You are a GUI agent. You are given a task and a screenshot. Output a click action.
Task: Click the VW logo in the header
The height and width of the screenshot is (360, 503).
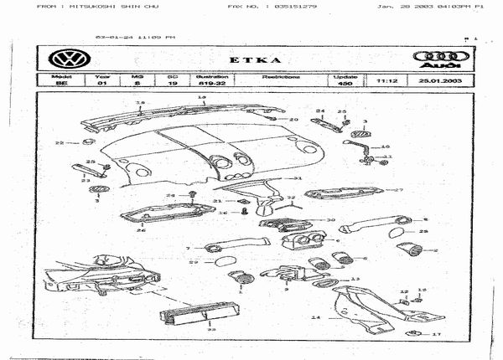63,59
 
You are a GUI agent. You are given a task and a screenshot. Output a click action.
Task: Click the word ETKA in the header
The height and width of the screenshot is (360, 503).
251,60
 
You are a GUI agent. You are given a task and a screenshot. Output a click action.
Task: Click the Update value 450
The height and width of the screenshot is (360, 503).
345,84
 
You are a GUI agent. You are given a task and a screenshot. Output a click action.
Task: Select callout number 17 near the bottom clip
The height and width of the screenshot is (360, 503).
436,334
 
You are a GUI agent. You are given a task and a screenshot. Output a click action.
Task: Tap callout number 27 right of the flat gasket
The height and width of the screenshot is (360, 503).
400,190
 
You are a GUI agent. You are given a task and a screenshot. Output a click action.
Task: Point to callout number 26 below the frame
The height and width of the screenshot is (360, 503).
141,230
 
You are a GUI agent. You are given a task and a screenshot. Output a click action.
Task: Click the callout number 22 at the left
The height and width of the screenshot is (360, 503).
59,143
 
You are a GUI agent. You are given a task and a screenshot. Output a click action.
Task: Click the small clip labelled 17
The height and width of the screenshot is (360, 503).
413,332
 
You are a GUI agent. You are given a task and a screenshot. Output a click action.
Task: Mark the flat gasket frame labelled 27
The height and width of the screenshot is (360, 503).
344,193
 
